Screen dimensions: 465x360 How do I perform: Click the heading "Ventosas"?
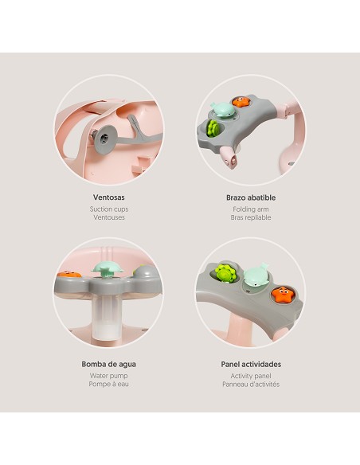pyautogui.click(x=108, y=197)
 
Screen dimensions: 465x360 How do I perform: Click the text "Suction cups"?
pyautogui.click(x=108, y=209)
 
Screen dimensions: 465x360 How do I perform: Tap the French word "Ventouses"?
pyautogui.click(x=108, y=217)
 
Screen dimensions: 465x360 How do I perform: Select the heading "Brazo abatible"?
pyautogui.click(x=251, y=197)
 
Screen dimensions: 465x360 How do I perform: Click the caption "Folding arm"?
pyautogui.click(x=251, y=209)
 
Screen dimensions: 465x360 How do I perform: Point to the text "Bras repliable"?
pyautogui.click(x=251, y=217)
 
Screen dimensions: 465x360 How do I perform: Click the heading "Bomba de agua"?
pyautogui.click(x=108, y=365)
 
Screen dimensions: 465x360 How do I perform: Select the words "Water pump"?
pyautogui.click(x=108, y=376)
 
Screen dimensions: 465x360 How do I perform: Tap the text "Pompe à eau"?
pyautogui.click(x=108, y=385)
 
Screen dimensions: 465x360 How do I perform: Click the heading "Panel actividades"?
pyautogui.click(x=251, y=365)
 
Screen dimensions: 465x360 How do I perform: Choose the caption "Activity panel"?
pyautogui.click(x=251, y=376)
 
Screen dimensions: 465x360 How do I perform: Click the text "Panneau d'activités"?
pyautogui.click(x=251, y=385)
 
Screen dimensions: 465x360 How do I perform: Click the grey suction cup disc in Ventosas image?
pyautogui.click(x=103, y=136)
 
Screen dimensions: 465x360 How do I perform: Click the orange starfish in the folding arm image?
pyautogui.click(x=239, y=101)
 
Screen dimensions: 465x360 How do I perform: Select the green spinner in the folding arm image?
pyautogui.click(x=213, y=127)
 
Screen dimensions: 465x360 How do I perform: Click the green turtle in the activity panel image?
pyautogui.click(x=226, y=273)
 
